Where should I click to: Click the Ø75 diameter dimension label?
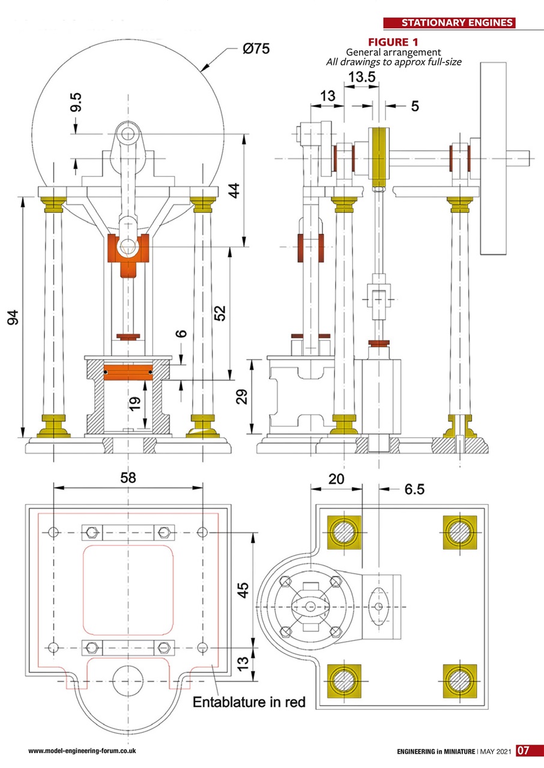256,49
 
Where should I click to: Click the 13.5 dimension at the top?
362,77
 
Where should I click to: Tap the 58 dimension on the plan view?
128,478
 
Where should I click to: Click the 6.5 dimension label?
414,490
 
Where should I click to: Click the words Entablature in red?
249,701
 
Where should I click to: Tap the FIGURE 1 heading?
393,42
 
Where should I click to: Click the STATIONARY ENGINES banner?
457,23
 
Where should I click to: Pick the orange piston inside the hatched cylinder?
127,372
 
